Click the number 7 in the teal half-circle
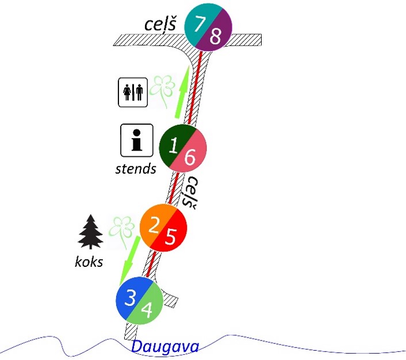pyautogui.click(x=200, y=24)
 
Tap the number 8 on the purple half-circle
pyautogui.click(x=216, y=37)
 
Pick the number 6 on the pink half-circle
pyautogui.click(x=190, y=155)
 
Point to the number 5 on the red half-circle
pyautogui.click(x=170, y=236)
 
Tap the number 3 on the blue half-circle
pyautogui.click(x=131, y=297)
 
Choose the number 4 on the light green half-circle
pyautogui.click(x=147, y=311)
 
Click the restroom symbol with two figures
pyautogui.click(x=133, y=92)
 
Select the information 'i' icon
pyautogui.click(x=136, y=140)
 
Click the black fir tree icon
pyautogui.click(x=90, y=232)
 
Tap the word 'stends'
pyautogui.click(x=136, y=168)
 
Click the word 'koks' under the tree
pyautogui.click(x=89, y=262)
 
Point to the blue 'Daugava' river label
pyautogui.click(x=166, y=347)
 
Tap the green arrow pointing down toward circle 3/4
pyautogui.click(x=129, y=258)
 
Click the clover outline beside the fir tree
pyautogui.click(x=122, y=230)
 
